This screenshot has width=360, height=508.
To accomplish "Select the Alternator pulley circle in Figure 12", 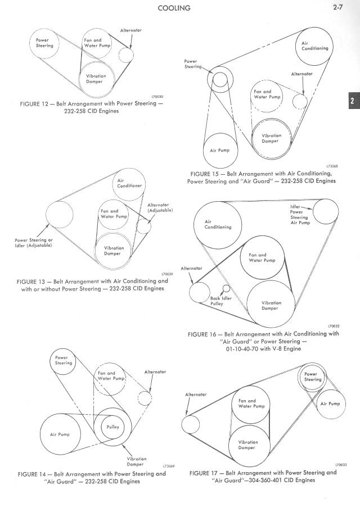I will pos(126,54).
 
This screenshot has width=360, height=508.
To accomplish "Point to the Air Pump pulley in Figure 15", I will pos(220,149).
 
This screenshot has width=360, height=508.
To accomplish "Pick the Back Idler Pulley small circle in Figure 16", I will pos(226,289).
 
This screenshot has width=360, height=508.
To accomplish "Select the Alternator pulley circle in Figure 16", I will pos(199,292).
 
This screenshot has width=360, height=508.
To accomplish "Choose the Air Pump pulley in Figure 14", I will pos(60,434).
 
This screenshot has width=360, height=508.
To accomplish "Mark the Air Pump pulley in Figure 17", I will pos(330,403).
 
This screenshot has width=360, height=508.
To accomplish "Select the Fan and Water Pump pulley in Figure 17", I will pos(248,403).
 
